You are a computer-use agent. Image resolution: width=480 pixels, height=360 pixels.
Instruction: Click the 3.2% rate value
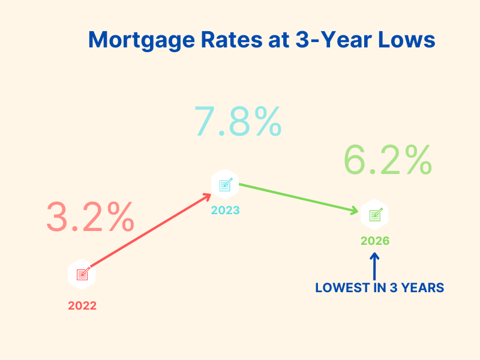tap(90, 217)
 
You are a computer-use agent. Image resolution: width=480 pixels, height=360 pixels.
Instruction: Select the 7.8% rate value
tap(238, 121)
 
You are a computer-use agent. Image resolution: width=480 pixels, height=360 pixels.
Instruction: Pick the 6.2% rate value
tap(388, 159)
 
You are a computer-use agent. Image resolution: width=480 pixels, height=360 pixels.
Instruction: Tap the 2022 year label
tap(82, 305)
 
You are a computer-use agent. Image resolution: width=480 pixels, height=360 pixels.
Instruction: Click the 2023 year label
tap(225, 211)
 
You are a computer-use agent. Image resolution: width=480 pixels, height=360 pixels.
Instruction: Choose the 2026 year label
tap(375, 241)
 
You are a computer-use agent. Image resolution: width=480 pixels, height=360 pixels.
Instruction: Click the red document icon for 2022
tap(82, 274)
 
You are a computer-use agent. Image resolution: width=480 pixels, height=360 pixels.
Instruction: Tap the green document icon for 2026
tap(375, 214)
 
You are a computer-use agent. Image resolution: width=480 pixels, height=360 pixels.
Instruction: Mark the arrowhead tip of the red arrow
tap(210, 194)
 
